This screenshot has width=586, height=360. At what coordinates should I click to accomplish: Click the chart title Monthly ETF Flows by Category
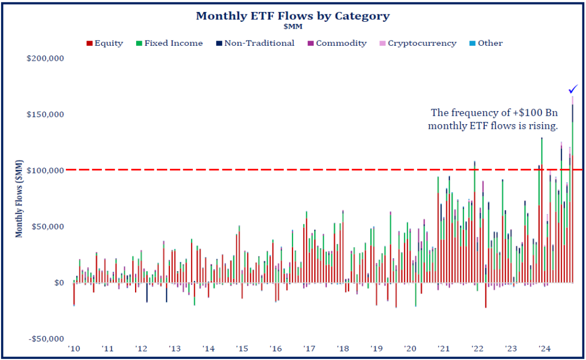click(x=292, y=15)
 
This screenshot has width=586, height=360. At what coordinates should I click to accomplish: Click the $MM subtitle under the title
click(x=292, y=26)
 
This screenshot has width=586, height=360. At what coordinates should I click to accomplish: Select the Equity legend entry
click(x=105, y=43)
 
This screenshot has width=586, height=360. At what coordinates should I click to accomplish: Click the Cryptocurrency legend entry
click(x=417, y=43)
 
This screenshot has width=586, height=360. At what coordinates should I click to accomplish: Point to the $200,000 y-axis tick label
click(x=45, y=58)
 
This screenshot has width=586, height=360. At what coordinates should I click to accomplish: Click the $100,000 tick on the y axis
click(x=45, y=171)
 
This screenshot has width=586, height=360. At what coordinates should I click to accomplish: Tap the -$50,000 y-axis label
click(x=45, y=339)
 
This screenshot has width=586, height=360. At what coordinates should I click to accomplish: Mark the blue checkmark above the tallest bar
click(x=573, y=89)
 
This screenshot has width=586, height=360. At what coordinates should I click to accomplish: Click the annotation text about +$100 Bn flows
click(x=493, y=119)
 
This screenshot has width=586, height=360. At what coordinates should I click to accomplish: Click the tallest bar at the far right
click(x=572, y=189)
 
